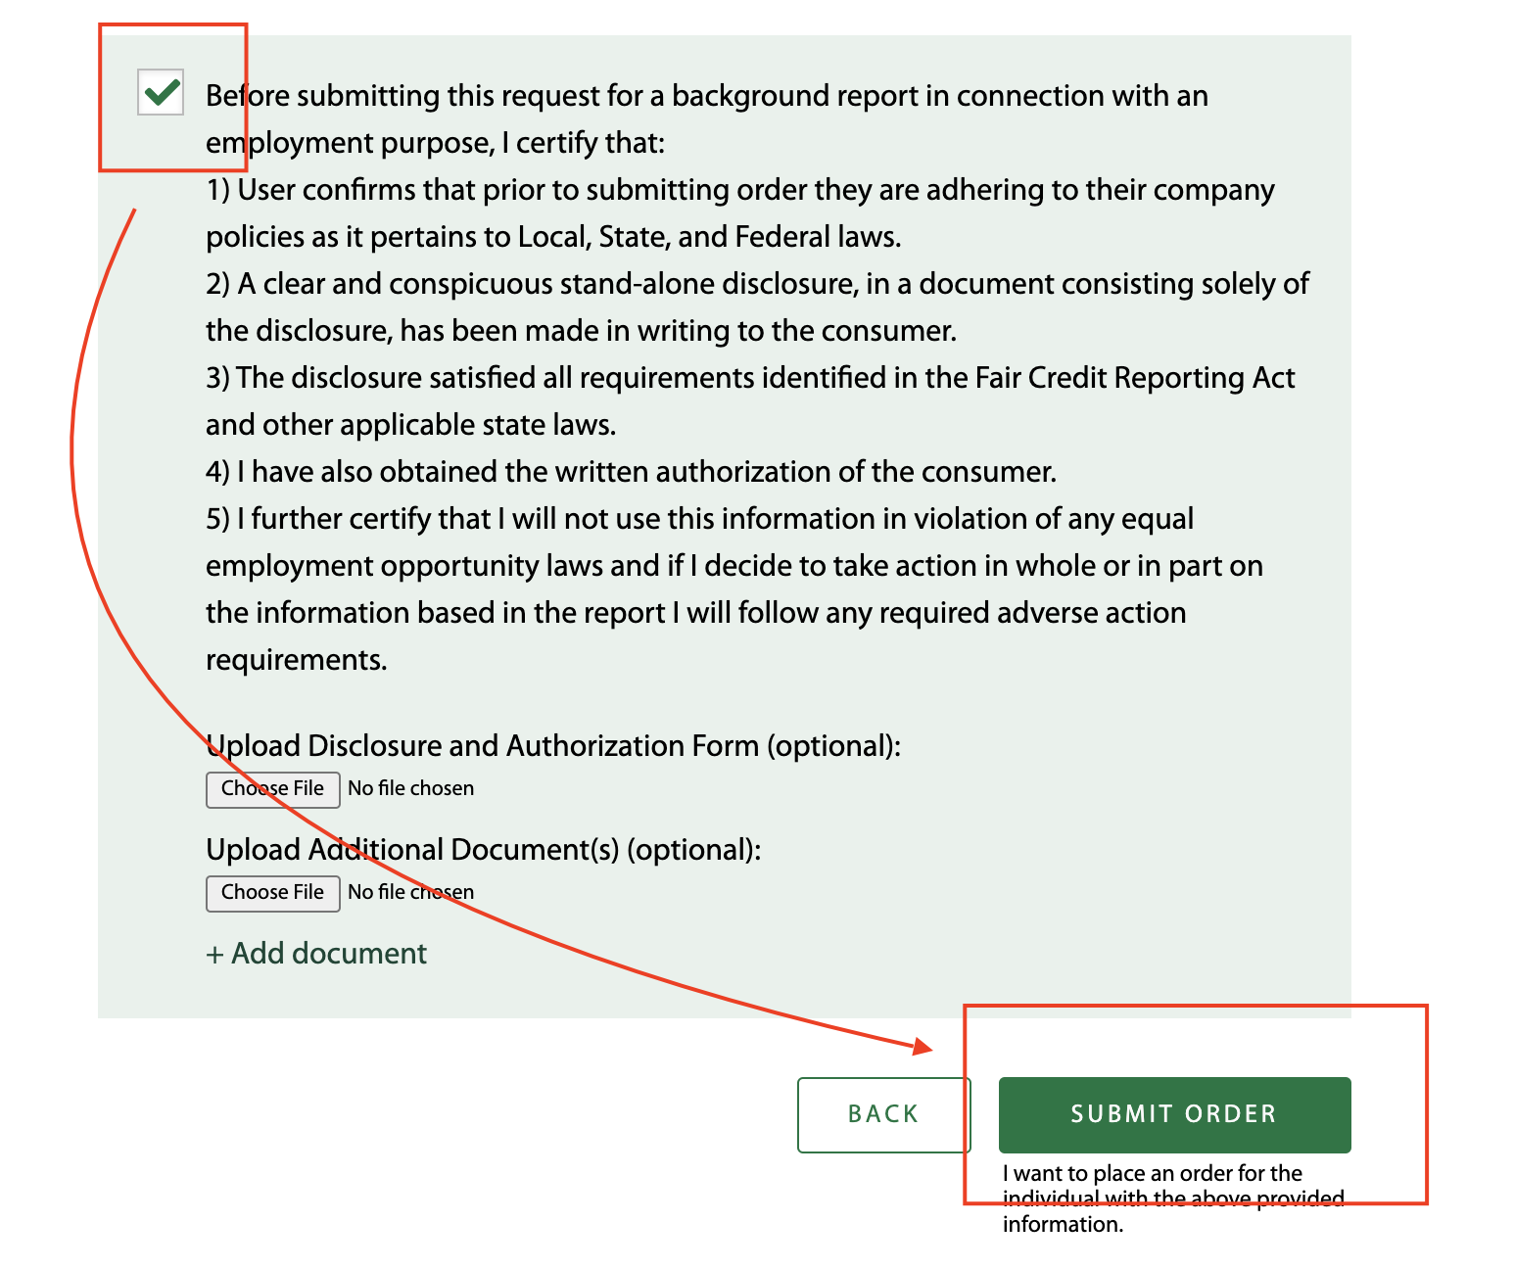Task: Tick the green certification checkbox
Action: [161, 93]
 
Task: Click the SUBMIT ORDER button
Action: [1174, 1114]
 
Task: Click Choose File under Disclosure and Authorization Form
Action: [272, 789]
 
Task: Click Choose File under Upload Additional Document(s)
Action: [272, 893]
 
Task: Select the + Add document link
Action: [316, 954]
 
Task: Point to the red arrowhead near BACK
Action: [923, 1047]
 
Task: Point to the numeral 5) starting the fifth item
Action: [217, 519]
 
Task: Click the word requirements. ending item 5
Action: [296, 660]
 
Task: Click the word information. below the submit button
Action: [1063, 1224]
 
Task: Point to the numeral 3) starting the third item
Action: [217, 378]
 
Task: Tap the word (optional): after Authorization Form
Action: [833, 746]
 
